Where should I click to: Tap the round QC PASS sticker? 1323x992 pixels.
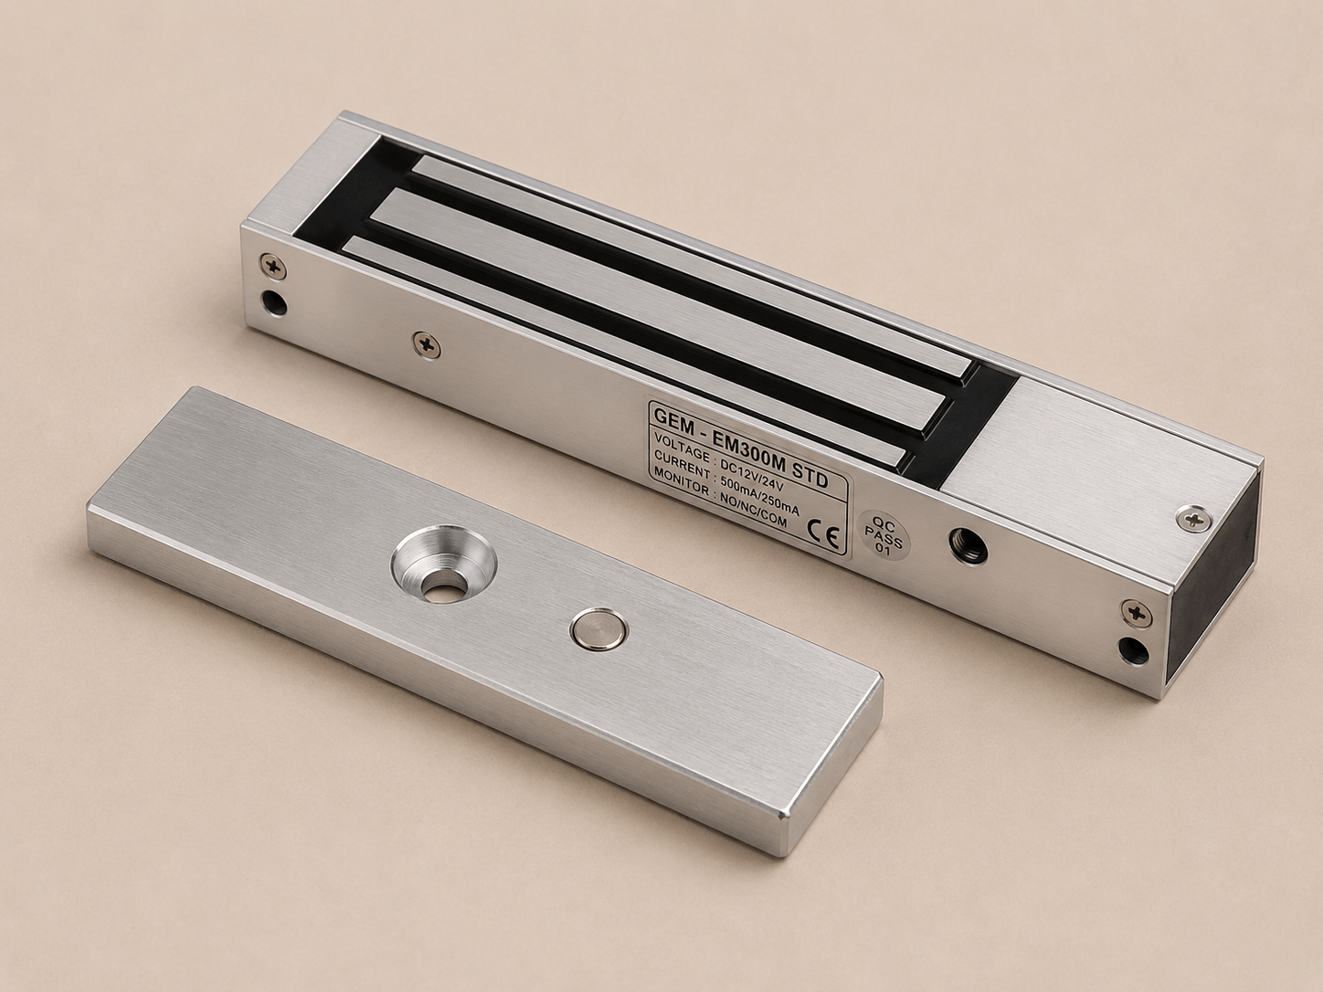pyautogui.click(x=884, y=534)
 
